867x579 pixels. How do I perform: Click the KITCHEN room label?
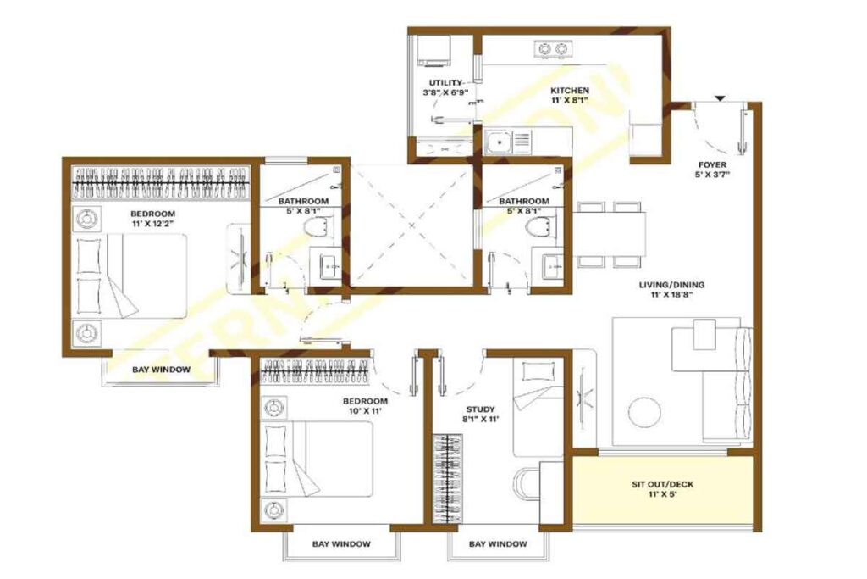click(x=570, y=90)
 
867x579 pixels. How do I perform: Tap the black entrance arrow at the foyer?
click(x=719, y=99)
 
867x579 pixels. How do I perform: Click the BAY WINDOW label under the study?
click(x=498, y=544)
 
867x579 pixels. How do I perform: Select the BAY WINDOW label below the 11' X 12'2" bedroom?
click(x=161, y=370)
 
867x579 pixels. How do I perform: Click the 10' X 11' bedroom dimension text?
click(x=365, y=411)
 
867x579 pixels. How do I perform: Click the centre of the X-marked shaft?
click(x=411, y=225)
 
